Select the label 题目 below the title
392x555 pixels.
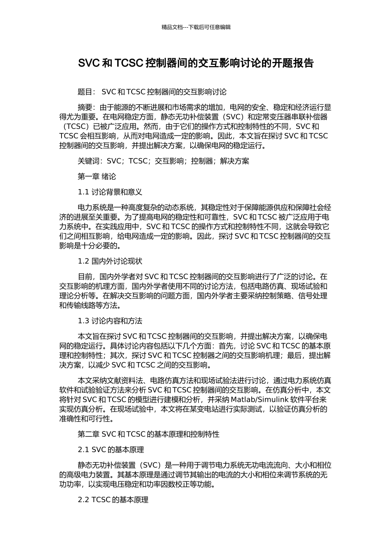pos(85,92)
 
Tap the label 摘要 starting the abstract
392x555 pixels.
pos(85,107)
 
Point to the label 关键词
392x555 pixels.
pos(89,161)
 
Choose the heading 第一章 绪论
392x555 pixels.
pos(97,177)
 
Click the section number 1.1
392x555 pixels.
pos(83,192)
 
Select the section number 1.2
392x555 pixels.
pos(83,261)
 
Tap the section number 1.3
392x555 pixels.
pos(83,321)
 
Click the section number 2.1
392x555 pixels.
pos(83,449)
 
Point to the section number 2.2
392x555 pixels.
pos(83,500)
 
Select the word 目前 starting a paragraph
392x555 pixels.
pos(85,277)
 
